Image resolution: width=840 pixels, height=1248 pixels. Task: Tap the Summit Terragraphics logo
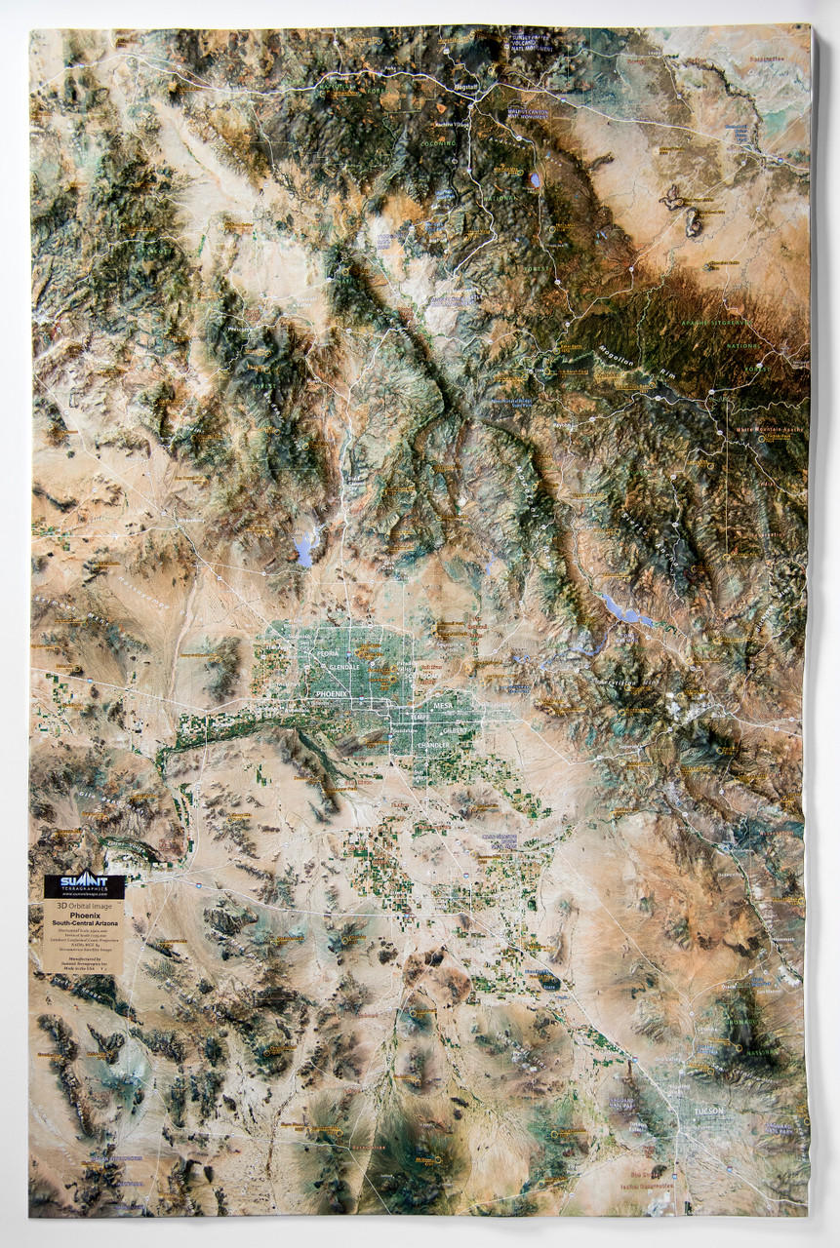pyautogui.click(x=84, y=887)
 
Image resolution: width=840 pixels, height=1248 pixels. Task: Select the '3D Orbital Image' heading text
pyautogui.click(x=84, y=906)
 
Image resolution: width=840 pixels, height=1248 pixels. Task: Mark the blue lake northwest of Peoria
pyautogui.click(x=304, y=552)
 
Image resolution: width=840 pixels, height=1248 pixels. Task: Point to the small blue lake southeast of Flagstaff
pyautogui.click(x=535, y=180)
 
